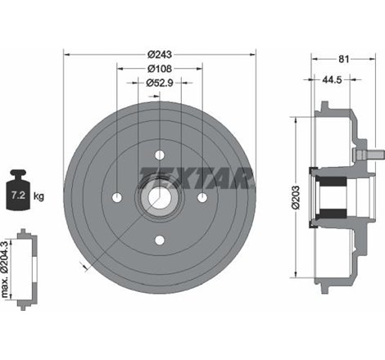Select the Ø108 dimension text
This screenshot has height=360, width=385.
[160, 68]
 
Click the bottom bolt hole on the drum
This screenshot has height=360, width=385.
[160, 239]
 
